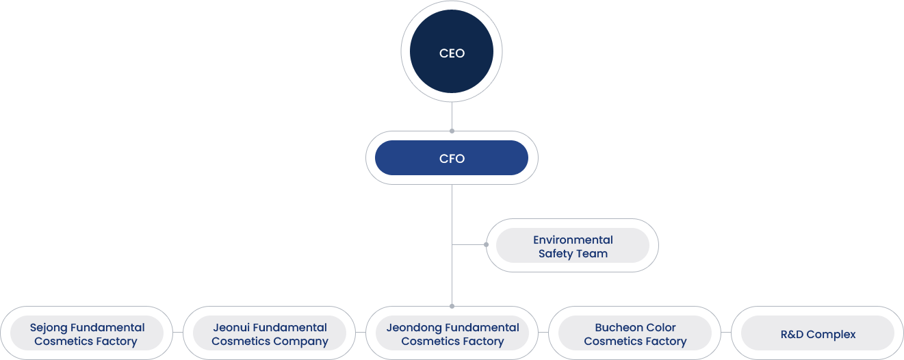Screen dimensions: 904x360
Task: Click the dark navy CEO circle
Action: pyautogui.click(x=452, y=51)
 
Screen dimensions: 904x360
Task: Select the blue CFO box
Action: pyautogui.click(x=452, y=158)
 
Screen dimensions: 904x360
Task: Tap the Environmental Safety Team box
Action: pyautogui.click(x=572, y=246)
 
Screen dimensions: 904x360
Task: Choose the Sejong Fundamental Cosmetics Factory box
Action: pyautogui.click(x=87, y=333)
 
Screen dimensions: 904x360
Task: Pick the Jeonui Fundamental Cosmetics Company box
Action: pyautogui.click(x=270, y=333)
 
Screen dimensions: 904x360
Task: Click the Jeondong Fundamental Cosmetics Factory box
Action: pyautogui.click(x=452, y=333)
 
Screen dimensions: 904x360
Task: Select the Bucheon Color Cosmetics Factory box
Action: pyautogui.click(x=635, y=333)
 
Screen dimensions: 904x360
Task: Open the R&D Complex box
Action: pyautogui.click(x=818, y=333)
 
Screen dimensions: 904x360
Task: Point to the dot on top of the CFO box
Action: pyautogui.click(x=452, y=131)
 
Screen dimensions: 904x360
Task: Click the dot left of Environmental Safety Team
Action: pyautogui.click(x=487, y=244)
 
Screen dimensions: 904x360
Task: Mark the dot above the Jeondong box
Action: pyautogui.click(x=452, y=307)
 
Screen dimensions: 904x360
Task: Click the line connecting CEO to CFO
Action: pyautogui.click(x=452, y=116)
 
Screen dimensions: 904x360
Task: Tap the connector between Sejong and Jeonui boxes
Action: pyautogui.click(x=178, y=333)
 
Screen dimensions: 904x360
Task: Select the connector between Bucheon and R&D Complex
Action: pyautogui.click(x=726, y=333)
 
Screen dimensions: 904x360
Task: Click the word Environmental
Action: pyautogui.click(x=573, y=240)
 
